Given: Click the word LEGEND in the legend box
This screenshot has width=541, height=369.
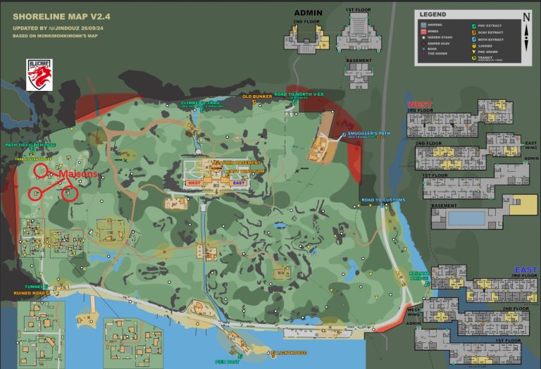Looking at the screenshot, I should pos(433,14).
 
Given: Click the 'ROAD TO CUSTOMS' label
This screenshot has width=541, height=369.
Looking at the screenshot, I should pos(383,201).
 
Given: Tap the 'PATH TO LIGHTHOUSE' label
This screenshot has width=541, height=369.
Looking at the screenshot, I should pos(30,145).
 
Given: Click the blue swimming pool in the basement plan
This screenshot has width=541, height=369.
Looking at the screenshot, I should pos(466,218).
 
